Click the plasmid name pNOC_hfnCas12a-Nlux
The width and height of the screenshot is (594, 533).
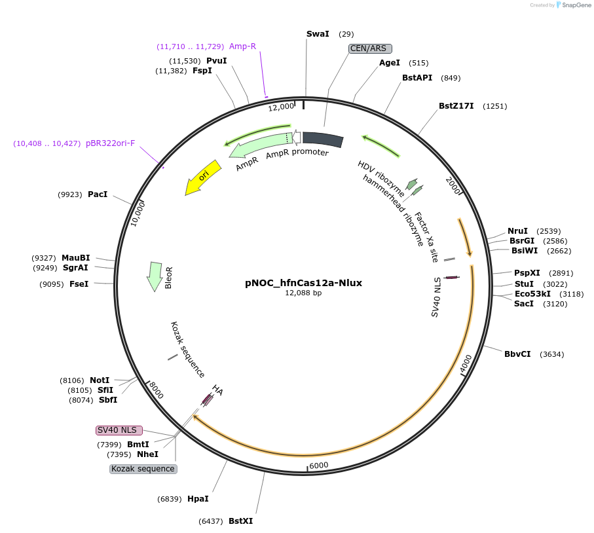(x=303, y=283)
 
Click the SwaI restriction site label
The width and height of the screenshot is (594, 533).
(x=318, y=33)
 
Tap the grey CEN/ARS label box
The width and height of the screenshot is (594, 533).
(x=370, y=48)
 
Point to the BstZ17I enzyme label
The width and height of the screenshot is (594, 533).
(x=456, y=106)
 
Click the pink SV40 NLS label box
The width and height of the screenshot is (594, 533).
(x=119, y=430)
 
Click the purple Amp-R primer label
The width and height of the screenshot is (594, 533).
(x=242, y=46)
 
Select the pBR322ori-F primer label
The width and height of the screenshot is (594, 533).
(x=110, y=143)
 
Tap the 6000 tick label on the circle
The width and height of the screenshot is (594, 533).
(x=318, y=465)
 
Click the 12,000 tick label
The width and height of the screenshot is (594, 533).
(x=281, y=107)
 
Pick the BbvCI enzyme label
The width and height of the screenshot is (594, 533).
(x=517, y=354)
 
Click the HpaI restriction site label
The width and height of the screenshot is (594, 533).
(x=198, y=499)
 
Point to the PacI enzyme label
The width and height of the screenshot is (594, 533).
(x=98, y=194)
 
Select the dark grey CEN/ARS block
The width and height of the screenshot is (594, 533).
(x=323, y=139)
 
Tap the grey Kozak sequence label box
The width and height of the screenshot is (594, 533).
(x=143, y=469)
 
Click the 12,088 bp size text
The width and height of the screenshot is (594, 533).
(x=303, y=293)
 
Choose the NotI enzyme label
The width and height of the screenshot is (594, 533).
(x=100, y=380)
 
